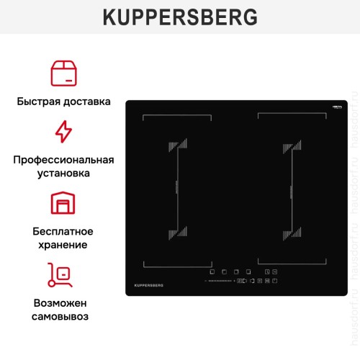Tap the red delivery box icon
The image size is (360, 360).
click(x=63, y=73)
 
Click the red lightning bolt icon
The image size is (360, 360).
click(x=63, y=132)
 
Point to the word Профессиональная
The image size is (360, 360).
click(x=63, y=159)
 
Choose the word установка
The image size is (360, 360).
click(x=63, y=174)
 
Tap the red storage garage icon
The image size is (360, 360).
click(x=63, y=203)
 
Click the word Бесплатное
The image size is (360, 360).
click(x=63, y=231)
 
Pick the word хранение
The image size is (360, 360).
click(x=63, y=245)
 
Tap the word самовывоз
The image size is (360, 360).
click(x=63, y=317)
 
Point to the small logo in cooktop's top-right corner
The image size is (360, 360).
click(x=336, y=107)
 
